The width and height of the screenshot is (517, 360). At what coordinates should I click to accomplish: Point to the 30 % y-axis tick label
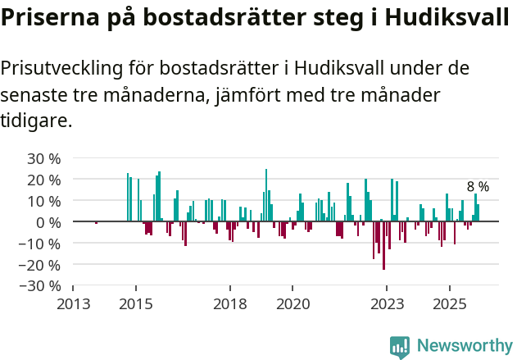44,158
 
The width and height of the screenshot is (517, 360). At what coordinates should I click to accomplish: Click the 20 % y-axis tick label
44,180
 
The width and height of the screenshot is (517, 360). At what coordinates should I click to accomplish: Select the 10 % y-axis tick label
44,201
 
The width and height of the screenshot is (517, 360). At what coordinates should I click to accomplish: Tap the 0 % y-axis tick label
48,222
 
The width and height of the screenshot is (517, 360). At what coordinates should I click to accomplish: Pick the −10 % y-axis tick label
40,244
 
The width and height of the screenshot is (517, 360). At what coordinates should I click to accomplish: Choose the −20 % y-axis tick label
40,265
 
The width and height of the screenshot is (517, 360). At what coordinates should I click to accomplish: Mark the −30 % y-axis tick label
40,286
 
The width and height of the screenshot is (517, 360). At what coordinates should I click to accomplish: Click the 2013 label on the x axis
73,304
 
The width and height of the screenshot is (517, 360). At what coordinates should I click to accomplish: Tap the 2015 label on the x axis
135,304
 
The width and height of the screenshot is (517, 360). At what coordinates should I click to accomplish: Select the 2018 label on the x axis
229,304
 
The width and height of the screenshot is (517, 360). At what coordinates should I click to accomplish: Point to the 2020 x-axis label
293,304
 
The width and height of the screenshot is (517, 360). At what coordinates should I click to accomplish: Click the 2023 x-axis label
387,304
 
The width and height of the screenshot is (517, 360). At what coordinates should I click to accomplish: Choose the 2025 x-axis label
449,304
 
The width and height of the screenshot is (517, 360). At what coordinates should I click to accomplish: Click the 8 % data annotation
478,187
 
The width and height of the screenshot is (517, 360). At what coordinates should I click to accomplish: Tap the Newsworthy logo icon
400,347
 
